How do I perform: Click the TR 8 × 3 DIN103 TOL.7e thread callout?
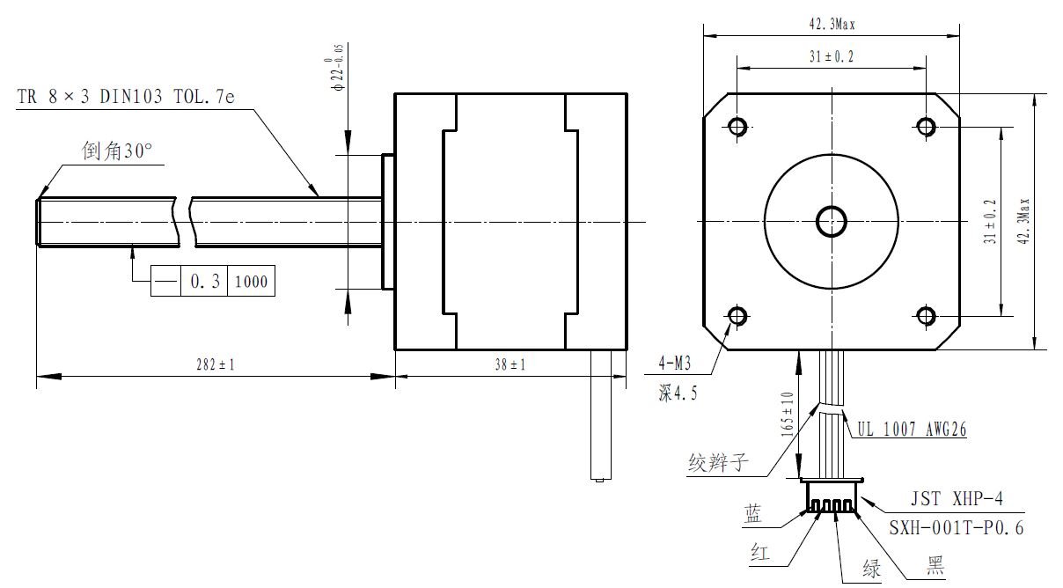126,97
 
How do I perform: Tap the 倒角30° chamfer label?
117,151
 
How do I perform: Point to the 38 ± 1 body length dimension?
510,365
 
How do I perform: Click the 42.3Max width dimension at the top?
831,26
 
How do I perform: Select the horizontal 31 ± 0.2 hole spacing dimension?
831,56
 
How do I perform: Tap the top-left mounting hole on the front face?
737,127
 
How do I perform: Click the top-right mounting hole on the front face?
925,127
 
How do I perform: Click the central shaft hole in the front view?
831,221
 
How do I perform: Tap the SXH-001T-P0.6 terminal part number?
954,528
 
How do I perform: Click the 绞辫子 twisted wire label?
718,461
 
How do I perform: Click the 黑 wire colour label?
933,568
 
